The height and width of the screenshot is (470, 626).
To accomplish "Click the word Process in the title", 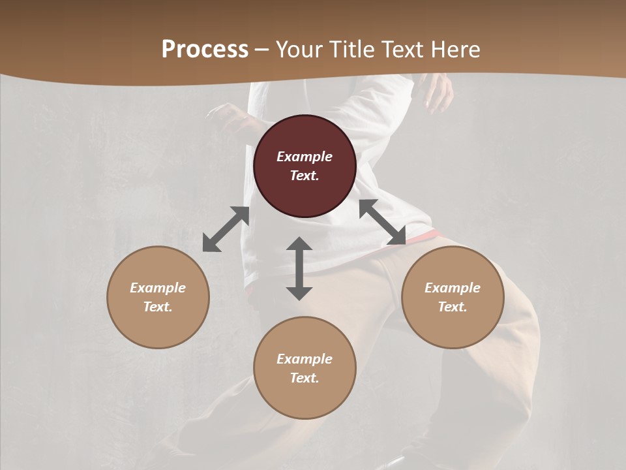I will pos(205,50).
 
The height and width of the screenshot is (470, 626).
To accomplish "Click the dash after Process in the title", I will pos(262,51).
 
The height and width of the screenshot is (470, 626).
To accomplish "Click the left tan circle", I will pos(158,297).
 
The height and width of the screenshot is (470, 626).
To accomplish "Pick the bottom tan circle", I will pos(305,368).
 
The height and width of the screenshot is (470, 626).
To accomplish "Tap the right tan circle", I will pos(453,297).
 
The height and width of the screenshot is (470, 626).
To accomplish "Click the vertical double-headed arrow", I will pos(299,268).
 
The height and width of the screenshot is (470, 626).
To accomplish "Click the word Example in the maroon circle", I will pos(305,157).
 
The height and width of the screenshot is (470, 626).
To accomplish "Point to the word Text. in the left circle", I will pos(158,307).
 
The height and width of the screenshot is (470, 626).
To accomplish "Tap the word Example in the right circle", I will pos(453,288).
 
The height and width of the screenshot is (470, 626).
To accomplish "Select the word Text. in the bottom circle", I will pos(305,378).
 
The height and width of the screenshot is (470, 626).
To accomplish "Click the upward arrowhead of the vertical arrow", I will pos(299,245).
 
